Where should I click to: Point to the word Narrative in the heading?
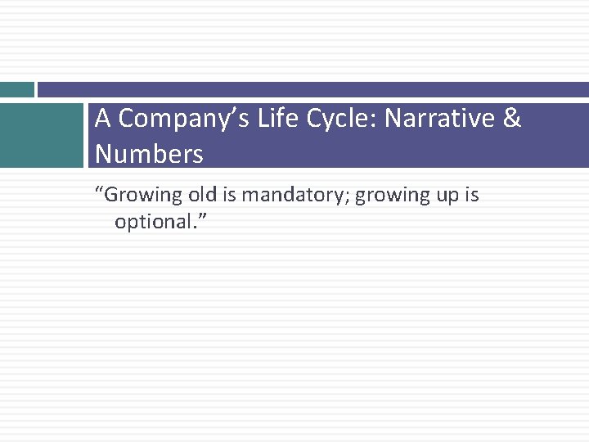(440, 120)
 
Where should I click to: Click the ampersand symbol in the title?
(512, 120)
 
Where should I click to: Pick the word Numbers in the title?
(149, 154)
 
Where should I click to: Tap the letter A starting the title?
(102, 120)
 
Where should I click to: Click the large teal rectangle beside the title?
(41, 135)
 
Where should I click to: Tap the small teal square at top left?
(16, 89)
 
